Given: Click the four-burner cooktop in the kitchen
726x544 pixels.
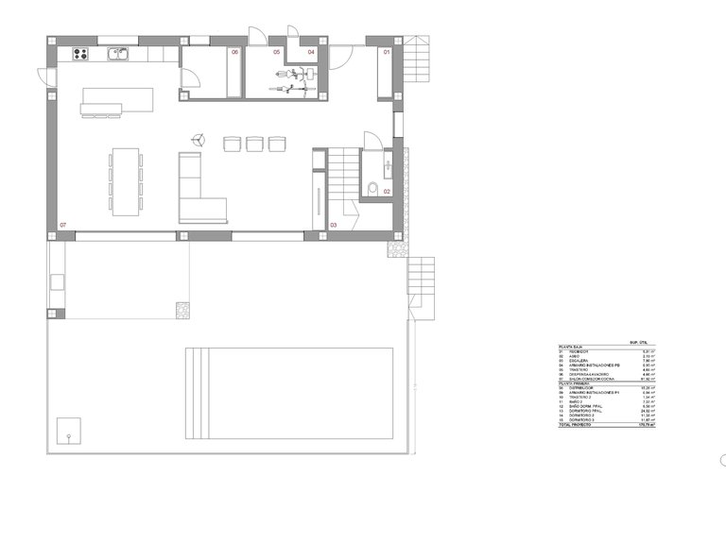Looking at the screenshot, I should pyautogui.click(x=79, y=54).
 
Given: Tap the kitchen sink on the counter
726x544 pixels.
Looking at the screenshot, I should pyautogui.click(x=118, y=54).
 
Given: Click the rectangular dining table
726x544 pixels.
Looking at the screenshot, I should pyautogui.click(x=127, y=180).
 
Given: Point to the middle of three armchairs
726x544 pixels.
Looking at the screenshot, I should pyautogui.click(x=254, y=144).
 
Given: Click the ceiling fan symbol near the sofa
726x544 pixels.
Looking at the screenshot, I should pyautogui.click(x=198, y=140).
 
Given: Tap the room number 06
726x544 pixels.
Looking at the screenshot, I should pyautogui.click(x=234, y=53).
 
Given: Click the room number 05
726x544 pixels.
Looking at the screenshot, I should pyautogui.click(x=278, y=53).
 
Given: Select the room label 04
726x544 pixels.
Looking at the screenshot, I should pyautogui.click(x=311, y=53).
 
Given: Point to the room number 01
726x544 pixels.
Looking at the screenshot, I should pyautogui.click(x=386, y=53).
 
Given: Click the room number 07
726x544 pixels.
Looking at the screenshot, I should pyautogui.click(x=63, y=225).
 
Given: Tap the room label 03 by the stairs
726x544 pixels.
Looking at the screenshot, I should pyautogui.click(x=333, y=225).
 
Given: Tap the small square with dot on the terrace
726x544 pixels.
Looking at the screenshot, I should pyautogui.click(x=69, y=432).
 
